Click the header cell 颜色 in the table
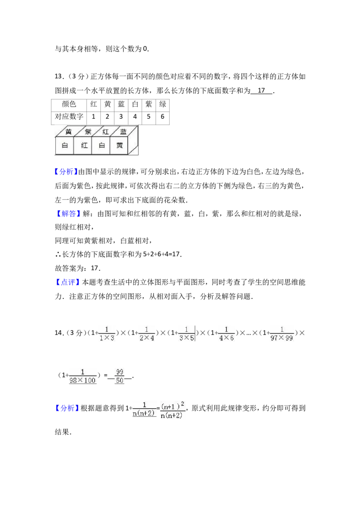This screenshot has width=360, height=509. [x=69, y=104]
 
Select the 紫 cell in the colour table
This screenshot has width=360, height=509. [x=149, y=104]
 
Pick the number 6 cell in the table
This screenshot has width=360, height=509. [x=162, y=117]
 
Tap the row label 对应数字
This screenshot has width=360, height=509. [x=69, y=117]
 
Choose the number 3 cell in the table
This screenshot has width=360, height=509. [x=121, y=117]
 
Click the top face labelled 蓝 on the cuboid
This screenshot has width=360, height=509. [x=124, y=131]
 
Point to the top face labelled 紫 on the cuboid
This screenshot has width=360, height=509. [x=87, y=131]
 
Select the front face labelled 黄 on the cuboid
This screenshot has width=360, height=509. [x=119, y=145]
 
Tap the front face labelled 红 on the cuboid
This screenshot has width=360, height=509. [x=84, y=145]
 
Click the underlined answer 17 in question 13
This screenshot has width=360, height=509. [x=261, y=90]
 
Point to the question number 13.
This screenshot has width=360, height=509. [x=59, y=76]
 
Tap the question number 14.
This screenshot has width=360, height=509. [x=59, y=333]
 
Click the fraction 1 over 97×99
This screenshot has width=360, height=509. [x=281, y=334]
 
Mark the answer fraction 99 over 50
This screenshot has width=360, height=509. [x=120, y=376]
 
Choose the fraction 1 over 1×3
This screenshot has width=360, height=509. [x=107, y=334]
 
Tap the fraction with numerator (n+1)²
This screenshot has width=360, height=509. [x=173, y=410]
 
